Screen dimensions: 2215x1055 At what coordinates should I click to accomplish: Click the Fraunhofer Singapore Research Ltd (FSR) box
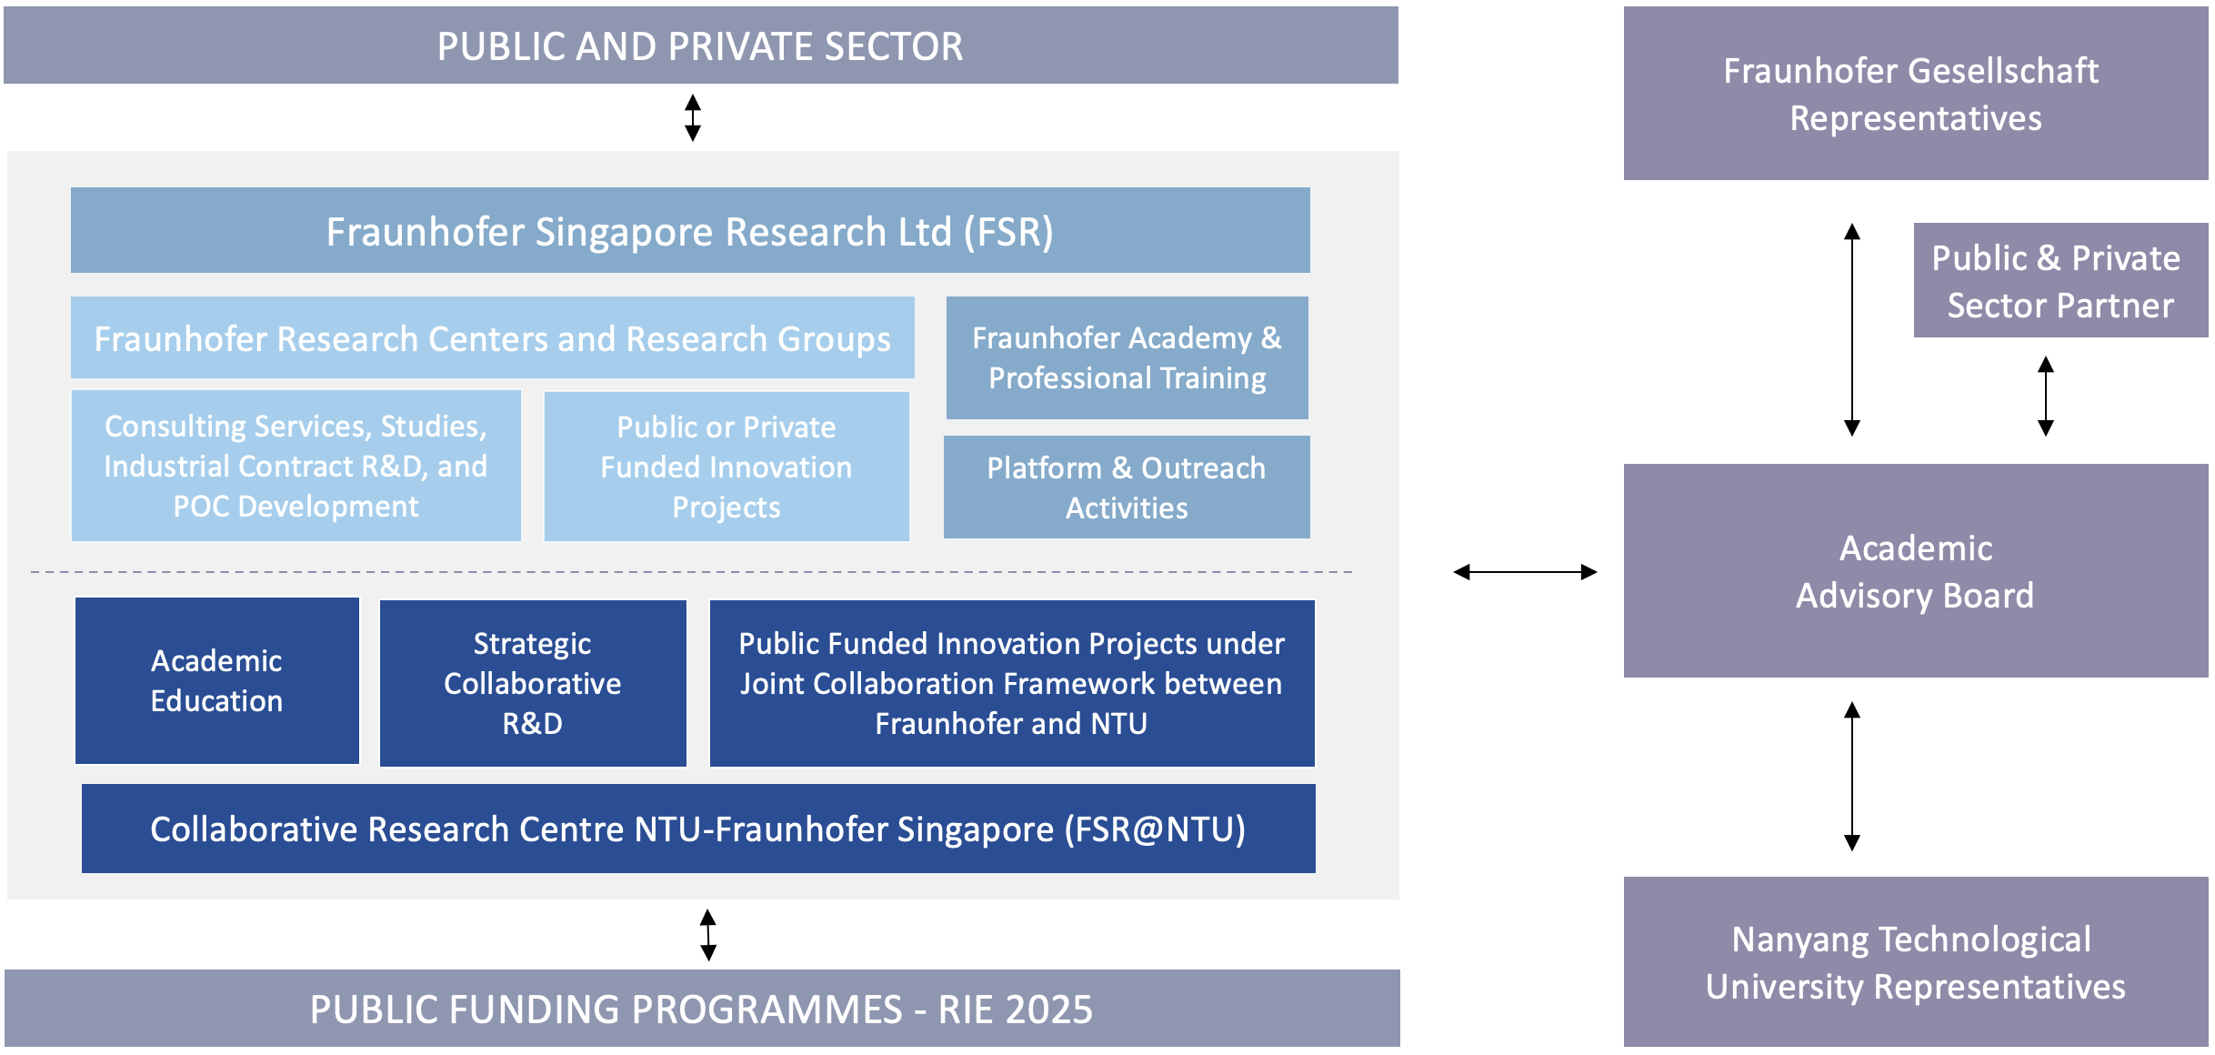690,230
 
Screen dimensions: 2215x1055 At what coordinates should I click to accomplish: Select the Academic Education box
217,680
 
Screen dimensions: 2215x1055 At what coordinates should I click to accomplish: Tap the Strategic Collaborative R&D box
533,683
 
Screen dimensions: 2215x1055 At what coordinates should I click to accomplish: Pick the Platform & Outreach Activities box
1127,487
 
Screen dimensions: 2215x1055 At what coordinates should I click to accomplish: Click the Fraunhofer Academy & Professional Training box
1128,357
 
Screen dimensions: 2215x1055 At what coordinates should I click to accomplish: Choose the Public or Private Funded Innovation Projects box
727,467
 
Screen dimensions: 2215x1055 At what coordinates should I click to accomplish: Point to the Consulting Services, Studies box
296,466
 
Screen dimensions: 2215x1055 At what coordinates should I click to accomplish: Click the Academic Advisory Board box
1916,570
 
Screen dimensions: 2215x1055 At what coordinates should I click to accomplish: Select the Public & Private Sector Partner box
2061,280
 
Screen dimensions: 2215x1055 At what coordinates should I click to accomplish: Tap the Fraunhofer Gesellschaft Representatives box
1916,93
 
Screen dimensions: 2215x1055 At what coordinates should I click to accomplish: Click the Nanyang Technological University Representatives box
1916,961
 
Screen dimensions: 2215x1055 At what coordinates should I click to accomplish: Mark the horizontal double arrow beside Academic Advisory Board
1525,572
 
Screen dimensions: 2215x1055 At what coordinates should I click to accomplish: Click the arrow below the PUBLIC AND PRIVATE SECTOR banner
693,117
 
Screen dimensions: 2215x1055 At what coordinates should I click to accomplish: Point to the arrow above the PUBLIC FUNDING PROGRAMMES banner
708,935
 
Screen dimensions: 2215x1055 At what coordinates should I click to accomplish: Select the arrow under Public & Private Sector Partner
2046,396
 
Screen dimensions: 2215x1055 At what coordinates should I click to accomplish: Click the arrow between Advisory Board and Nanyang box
1852,776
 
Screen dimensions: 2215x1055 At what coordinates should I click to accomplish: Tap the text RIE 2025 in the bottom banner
1016,1010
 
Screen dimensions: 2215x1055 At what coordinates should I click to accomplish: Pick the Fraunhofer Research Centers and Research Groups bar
493,337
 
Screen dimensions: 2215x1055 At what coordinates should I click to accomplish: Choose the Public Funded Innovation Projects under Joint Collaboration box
1012,683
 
